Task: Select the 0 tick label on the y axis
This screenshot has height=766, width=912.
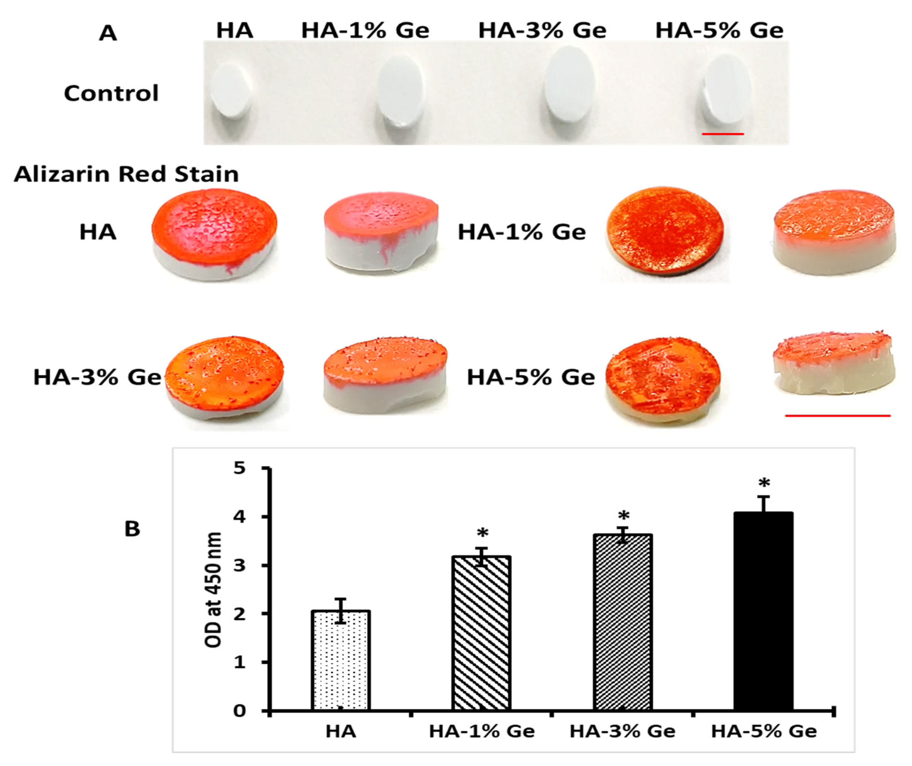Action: point(240,711)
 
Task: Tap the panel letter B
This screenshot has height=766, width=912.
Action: point(132,529)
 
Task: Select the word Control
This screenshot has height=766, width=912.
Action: point(111,93)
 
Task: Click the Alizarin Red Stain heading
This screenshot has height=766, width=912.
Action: point(126,174)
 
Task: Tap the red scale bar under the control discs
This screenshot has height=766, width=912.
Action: point(722,134)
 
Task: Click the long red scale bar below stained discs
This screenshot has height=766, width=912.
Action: point(837,416)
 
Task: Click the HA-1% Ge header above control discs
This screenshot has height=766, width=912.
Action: point(365,31)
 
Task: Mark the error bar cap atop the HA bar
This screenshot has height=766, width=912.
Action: point(341,599)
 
